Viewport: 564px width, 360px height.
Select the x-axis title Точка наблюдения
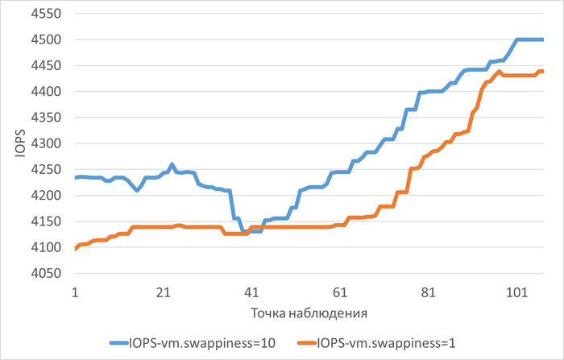pos(309,311)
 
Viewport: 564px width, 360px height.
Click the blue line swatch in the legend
pos(123,342)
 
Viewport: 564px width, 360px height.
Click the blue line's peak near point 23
pos(172,164)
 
